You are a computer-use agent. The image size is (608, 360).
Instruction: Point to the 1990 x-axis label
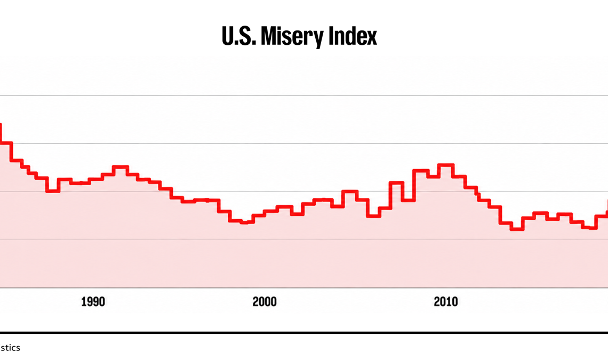coord(93,302)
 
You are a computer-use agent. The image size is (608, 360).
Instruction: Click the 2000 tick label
coord(265,302)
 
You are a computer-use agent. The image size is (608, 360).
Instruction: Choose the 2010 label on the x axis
coord(446,302)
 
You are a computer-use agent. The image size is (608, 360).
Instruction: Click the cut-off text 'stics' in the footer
coord(10,348)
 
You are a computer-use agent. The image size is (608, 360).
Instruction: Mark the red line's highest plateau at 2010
coord(445,165)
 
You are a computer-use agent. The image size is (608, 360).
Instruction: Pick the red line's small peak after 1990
coord(120,167)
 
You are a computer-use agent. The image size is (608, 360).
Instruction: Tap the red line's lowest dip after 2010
coord(517,229)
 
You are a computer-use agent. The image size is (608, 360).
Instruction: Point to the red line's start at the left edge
coord(1,124)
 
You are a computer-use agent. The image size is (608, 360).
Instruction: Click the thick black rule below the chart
coord(304,332)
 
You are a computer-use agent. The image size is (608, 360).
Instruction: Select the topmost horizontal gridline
coord(304,95)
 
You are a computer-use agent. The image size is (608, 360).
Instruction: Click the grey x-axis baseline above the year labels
coord(304,288)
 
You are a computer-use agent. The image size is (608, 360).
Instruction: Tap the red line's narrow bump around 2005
coord(349,191)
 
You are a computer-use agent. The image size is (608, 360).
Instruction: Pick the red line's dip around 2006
coord(373,216)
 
